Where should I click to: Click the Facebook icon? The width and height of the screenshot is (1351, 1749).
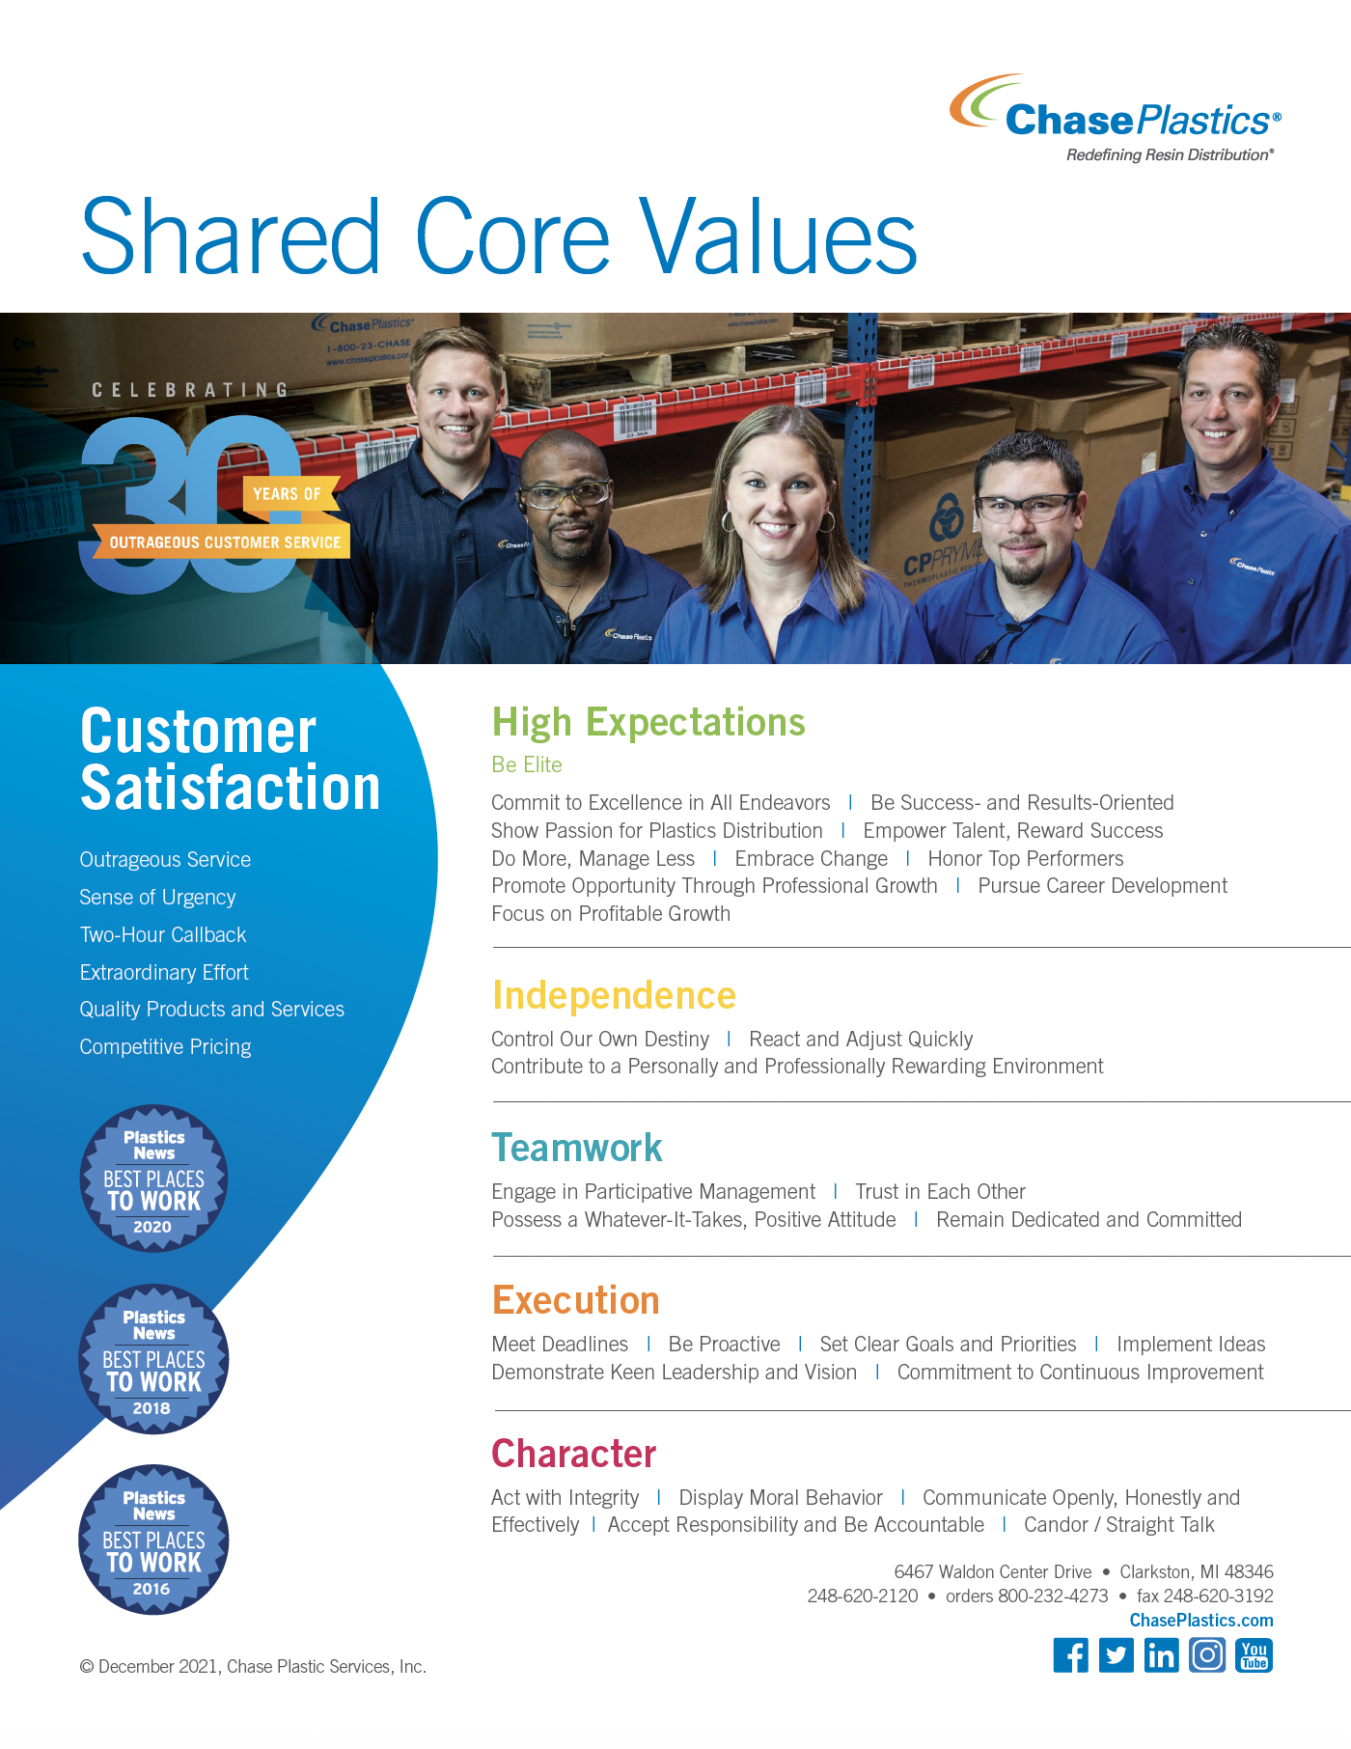click(x=1070, y=1655)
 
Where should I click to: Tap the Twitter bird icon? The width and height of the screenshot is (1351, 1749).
click(x=1117, y=1655)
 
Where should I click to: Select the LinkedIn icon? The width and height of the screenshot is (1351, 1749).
click(x=1162, y=1655)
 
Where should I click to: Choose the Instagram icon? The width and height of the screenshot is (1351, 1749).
click(x=1207, y=1655)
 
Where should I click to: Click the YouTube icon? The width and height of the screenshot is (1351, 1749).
click(x=1254, y=1655)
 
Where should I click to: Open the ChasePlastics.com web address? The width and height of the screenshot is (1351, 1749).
click(x=1201, y=1621)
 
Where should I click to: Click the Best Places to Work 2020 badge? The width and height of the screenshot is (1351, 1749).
click(x=153, y=1179)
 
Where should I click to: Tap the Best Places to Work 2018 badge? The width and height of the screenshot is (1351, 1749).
click(x=153, y=1359)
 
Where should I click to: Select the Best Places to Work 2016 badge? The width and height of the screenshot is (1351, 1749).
click(x=153, y=1540)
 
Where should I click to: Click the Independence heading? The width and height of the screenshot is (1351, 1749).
click(x=614, y=995)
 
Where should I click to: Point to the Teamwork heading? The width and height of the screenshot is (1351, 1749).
click(x=577, y=1148)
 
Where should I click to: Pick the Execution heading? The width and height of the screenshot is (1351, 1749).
click(x=576, y=1300)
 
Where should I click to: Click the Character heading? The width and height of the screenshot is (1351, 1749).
click(x=574, y=1453)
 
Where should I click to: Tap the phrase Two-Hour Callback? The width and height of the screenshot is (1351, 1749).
click(x=163, y=934)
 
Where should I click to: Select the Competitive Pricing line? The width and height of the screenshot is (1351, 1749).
click(x=165, y=1047)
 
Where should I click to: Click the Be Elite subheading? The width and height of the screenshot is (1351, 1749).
click(x=527, y=764)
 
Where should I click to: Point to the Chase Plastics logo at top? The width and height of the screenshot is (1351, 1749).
click(x=1116, y=118)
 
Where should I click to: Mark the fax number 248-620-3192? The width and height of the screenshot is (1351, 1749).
click(x=1205, y=1596)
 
